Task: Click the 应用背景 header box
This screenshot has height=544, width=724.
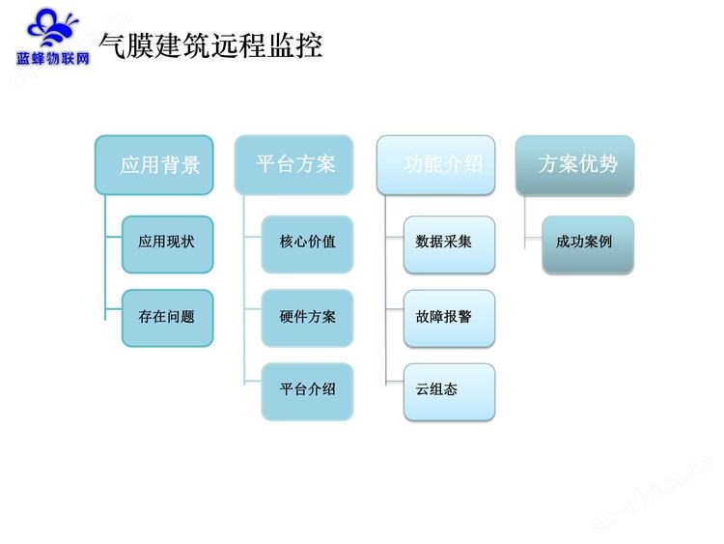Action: pos(154,165)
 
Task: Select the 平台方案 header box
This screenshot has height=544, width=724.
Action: pos(294,164)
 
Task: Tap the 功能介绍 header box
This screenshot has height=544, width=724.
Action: pos(436,165)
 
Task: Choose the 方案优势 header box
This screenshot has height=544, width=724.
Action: pos(575,165)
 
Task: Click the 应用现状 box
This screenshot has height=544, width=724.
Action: pos(168,244)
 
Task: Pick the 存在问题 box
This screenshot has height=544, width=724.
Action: pos(168,318)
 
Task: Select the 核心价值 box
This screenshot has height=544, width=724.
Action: pos(308,244)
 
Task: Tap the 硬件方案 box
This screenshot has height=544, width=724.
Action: pos(308,318)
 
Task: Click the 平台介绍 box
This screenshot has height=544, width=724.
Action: pos(308,392)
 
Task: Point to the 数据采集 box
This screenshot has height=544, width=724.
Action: pos(449,244)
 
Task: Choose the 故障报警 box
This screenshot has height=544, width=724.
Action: pos(449,318)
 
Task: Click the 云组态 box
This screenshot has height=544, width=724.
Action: pos(449,392)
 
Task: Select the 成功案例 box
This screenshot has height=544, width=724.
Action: pos(588,244)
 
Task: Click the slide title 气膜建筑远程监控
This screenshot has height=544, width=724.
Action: pos(210,45)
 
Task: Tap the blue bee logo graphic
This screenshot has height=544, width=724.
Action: pos(52,29)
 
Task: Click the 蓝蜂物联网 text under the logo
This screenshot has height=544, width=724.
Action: pos(53,59)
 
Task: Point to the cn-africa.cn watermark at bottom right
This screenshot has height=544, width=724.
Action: pos(653,494)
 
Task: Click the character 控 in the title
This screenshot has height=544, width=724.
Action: pos(308,45)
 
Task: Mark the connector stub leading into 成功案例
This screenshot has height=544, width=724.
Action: pos(533,239)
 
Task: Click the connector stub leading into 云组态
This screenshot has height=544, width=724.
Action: pos(395,382)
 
